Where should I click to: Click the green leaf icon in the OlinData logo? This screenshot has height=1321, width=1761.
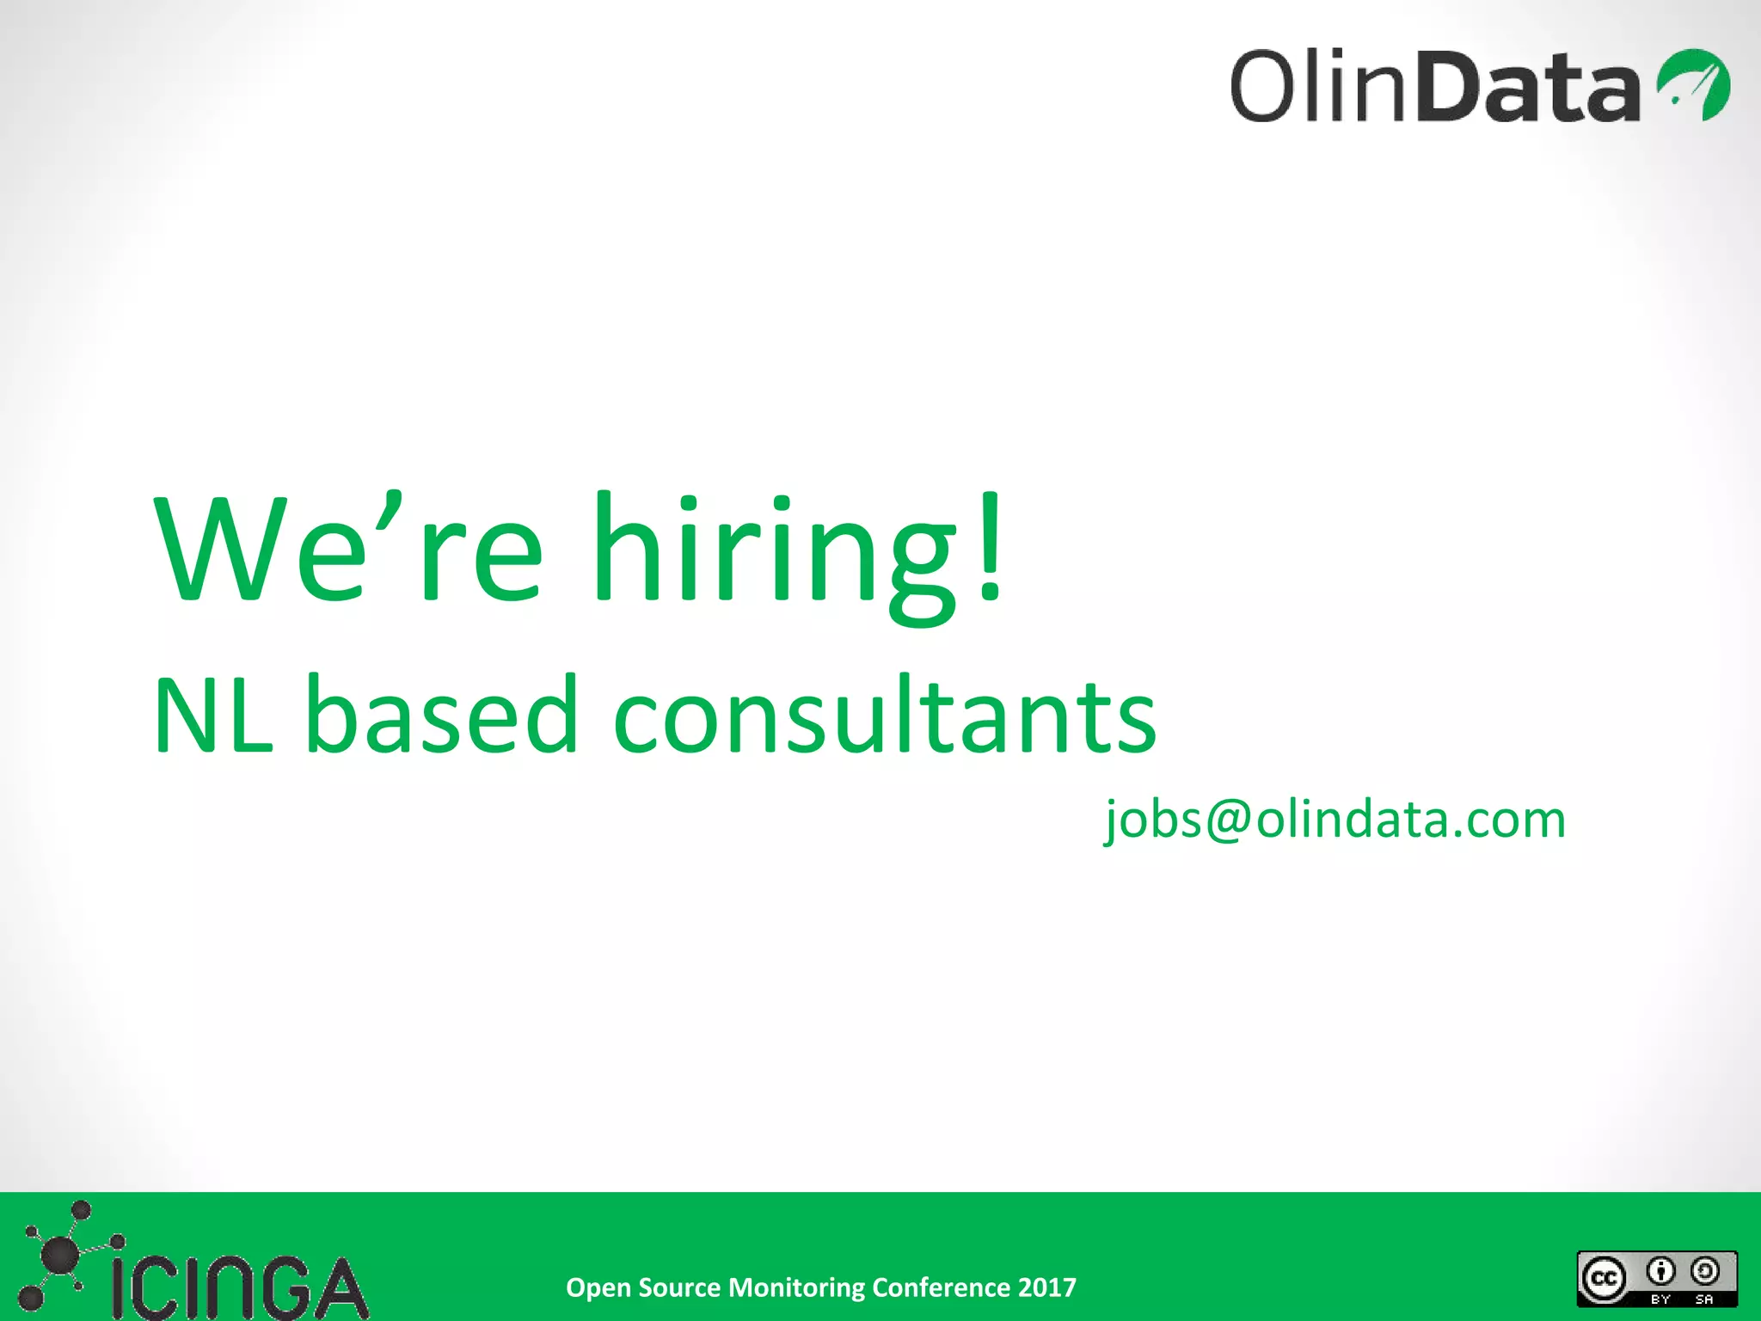(1693, 84)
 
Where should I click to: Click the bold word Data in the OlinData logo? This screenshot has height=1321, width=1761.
(1532, 86)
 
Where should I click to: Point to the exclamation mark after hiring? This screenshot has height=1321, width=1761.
(991, 546)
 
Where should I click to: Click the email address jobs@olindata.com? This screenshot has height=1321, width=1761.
(1335, 820)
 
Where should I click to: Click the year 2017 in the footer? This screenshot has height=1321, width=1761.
(1046, 1287)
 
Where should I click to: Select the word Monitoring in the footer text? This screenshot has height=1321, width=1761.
(796, 1288)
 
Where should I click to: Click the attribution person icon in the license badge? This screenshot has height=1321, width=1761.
(1660, 1271)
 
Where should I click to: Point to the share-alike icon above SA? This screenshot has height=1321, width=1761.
(1704, 1271)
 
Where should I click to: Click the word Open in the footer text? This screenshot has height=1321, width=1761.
(598, 1288)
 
